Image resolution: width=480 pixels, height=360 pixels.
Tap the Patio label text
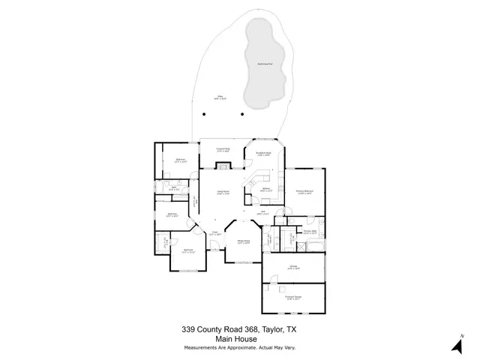[x=220, y=97]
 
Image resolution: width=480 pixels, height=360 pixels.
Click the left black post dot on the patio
[x=204, y=114]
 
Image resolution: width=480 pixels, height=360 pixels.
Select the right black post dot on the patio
[x=241, y=114]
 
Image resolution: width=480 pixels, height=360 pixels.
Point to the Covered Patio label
[x=223, y=150]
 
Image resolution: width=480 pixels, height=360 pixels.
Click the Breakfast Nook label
[x=263, y=154]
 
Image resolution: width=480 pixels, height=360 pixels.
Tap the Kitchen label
[x=266, y=190]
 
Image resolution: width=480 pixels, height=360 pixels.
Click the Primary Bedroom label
[x=304, y=192]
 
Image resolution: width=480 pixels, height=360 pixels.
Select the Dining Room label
[x=243, y=241]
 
